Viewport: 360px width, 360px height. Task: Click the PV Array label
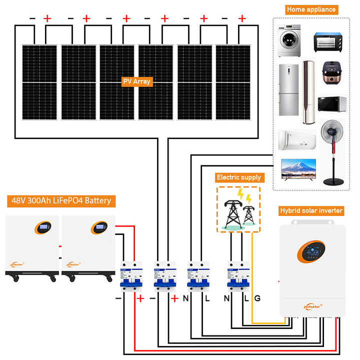click(x=136, y=81)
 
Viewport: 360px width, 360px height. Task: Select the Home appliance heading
click(x=311, y=9)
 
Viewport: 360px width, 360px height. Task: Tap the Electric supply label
click(x=238, y=177)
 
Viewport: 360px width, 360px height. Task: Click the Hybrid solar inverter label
click(x=311, y=210)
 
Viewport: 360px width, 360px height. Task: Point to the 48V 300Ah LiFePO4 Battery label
click(x=61, y=201)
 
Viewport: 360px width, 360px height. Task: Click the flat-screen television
click(x=298, y=169)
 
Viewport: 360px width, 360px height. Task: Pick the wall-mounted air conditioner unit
click(x=297, y=140)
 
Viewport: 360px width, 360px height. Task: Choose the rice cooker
click(x=330, y=74)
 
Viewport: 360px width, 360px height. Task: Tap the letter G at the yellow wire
click(x=257, y=298)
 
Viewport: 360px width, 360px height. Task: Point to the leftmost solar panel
click(x=39, y=82)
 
